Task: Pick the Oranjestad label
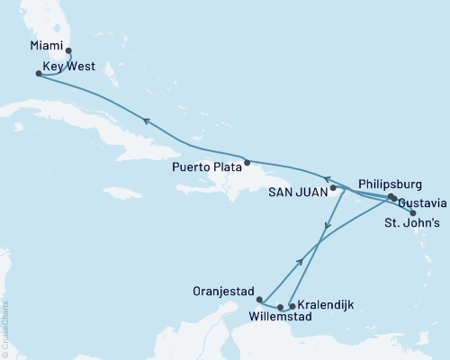(x=221, y=290)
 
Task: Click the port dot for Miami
(x=68, y=51)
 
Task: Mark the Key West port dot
(x=37, y=74)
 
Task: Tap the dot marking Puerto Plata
(x=247, y=162)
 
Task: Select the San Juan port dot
(x=333, y=189)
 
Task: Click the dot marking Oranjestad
(x=259, y=300)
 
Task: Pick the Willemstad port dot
(x=281, y=307)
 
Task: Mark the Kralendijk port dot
(x=291, y=306)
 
